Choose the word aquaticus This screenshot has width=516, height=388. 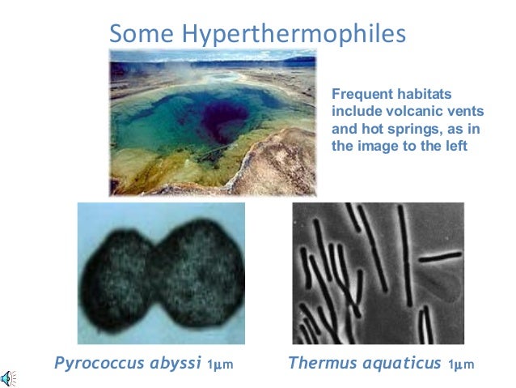pos(399,363)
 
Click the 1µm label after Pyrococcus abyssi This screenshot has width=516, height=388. pos(221,365)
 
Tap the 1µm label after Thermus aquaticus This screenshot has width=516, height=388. pos(461,365)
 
